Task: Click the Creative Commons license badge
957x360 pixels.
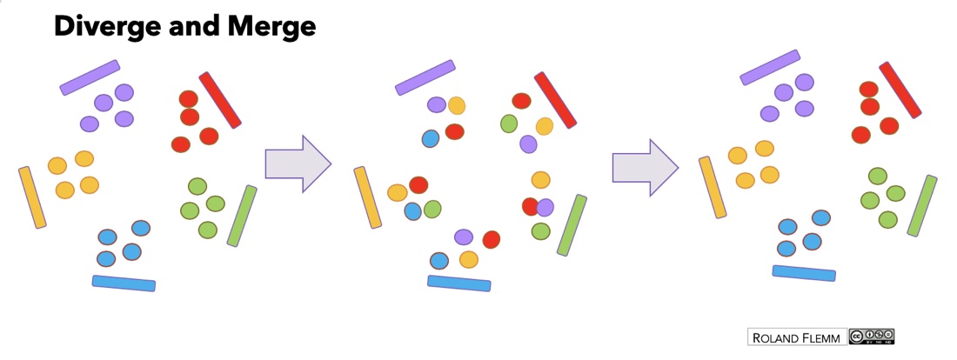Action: point(872,337)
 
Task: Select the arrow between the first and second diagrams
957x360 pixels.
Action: point(298,163)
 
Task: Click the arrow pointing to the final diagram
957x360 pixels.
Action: point(646,168)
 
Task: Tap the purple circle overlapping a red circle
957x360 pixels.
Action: point(545,208)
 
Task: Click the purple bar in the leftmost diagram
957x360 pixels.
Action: point(90,77)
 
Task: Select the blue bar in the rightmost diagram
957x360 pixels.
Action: point(804,273)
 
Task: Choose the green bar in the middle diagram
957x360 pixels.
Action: point(572,225)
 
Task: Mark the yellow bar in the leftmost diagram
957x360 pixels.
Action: point(32,197)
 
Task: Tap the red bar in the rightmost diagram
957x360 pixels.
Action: point(900,90)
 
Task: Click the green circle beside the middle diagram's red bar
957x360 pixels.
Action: point(509,123)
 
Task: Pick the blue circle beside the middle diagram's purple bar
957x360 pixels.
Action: point(431,138)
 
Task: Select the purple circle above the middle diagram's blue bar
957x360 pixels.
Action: point(464,237)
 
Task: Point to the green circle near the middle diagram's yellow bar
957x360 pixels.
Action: point(432,210)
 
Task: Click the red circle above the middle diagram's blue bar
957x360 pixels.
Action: point(492,239)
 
